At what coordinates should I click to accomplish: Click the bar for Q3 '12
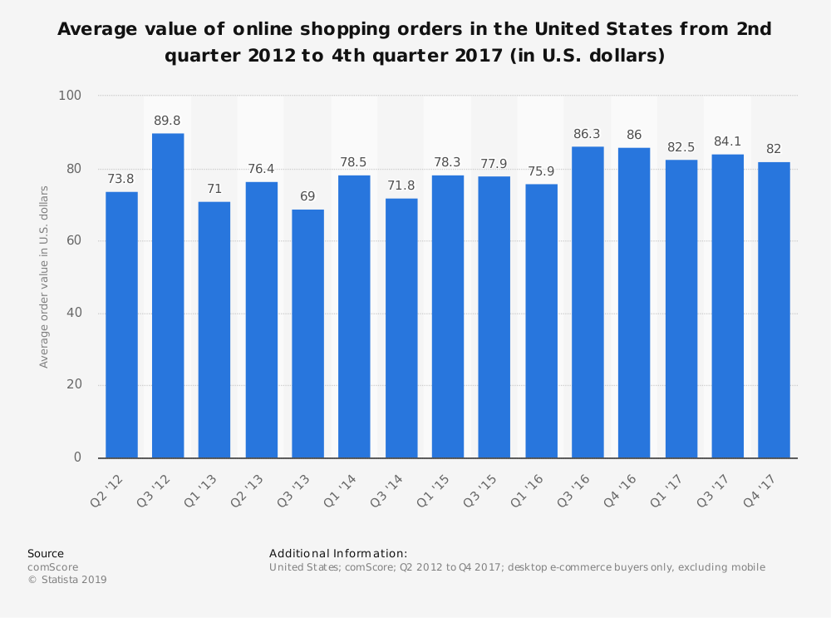coord(168,295)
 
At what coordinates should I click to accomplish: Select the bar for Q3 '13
coord(307,333)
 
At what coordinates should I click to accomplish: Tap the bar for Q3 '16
coord(588,302)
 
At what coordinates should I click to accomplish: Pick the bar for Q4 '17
coord(774,309)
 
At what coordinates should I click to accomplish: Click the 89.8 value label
coord(168,121)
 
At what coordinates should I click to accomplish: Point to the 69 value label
coord(307,196)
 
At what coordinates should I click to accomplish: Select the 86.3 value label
coord(588,134)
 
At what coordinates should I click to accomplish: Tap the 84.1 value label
coord(727,141)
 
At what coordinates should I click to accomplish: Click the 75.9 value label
coord(541,171)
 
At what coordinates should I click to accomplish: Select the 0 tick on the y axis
coord(77,457)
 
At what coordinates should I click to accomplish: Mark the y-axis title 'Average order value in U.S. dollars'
coord(44,277)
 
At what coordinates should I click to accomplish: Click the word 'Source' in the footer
coord(46,553)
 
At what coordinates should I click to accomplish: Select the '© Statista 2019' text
coord(67,580)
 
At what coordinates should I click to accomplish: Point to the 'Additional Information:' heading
coord(338,553)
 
